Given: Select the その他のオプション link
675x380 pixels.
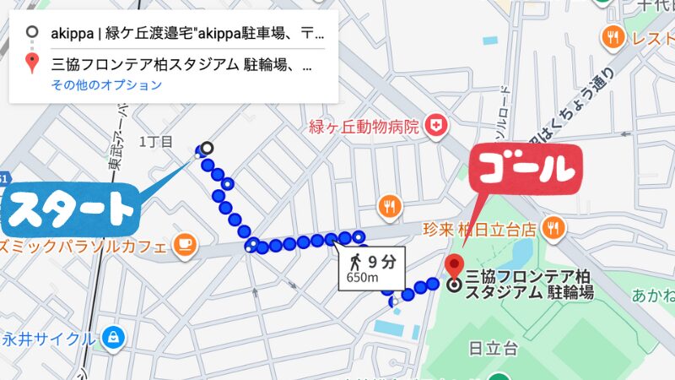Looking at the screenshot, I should (106, 84).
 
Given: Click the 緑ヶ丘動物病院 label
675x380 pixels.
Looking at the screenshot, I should (364, 128).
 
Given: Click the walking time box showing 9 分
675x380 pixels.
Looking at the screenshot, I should (372, 268).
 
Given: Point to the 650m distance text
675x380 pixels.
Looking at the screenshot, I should (361, 278).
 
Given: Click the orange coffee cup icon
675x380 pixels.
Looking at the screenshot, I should (184, 245).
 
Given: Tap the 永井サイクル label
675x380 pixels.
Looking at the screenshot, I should (48, 339).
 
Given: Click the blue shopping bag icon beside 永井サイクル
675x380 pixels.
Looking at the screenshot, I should (113, 339).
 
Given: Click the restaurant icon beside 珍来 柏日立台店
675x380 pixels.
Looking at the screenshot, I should (554, 226).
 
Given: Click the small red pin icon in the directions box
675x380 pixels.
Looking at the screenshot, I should (32, 62).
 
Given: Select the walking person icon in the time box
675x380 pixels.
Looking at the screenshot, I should (358, 259).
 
